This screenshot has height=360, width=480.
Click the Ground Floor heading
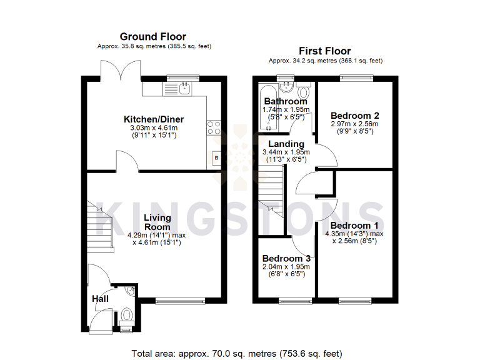[152, 37]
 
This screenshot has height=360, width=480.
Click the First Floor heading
[324, 51]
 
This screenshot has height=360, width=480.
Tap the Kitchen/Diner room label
[154, 119]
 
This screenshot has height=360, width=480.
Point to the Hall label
[100, 299]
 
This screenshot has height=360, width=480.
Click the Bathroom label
[285, 101]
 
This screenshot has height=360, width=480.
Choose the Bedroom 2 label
[355, 116]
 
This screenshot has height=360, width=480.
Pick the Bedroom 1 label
[354, 226]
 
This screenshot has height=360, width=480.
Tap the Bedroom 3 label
[286, 259]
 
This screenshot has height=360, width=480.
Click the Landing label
[286, 144]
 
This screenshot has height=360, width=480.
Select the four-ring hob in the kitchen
[214, 127]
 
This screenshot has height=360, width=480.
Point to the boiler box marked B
[216, 158]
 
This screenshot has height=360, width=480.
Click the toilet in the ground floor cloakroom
[126, 315]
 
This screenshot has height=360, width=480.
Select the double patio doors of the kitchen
[121, 70]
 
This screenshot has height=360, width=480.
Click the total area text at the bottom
[237, 353]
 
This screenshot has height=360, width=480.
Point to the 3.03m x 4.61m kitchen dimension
[153, 128]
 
